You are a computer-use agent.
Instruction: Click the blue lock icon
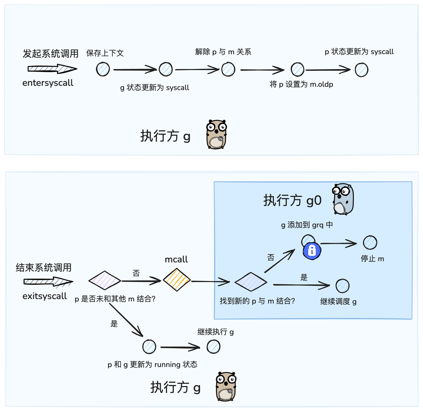(312, 251)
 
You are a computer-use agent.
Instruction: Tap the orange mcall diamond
(176, 280)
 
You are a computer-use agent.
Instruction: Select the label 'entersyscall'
(48, 83)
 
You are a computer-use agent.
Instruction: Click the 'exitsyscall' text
(45, 296)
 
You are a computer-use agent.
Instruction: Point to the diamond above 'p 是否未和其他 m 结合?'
(104, 280)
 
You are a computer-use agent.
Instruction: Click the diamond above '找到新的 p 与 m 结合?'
(250, 282)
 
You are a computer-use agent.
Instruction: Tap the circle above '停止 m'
(370, 243)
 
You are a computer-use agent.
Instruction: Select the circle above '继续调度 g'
(342, 286)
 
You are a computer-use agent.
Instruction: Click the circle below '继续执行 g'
(213, 347)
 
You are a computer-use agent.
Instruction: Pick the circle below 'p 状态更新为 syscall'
(361, 70)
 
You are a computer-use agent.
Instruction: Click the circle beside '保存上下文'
(103, 69)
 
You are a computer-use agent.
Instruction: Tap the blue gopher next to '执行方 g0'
(343, 199)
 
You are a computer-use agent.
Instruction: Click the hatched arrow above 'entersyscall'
(52, 69)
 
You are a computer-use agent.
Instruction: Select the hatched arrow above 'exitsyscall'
(48, 282)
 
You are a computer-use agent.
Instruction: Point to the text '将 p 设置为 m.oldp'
(301, 84)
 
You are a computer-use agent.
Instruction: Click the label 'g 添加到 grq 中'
(307, 225)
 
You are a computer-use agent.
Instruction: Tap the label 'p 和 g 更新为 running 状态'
(152, 364)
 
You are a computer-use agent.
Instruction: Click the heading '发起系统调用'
(51, 54)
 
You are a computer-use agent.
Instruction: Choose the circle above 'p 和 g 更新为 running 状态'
(149, 347)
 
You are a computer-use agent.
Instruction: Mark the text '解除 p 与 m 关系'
(223, 52)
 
